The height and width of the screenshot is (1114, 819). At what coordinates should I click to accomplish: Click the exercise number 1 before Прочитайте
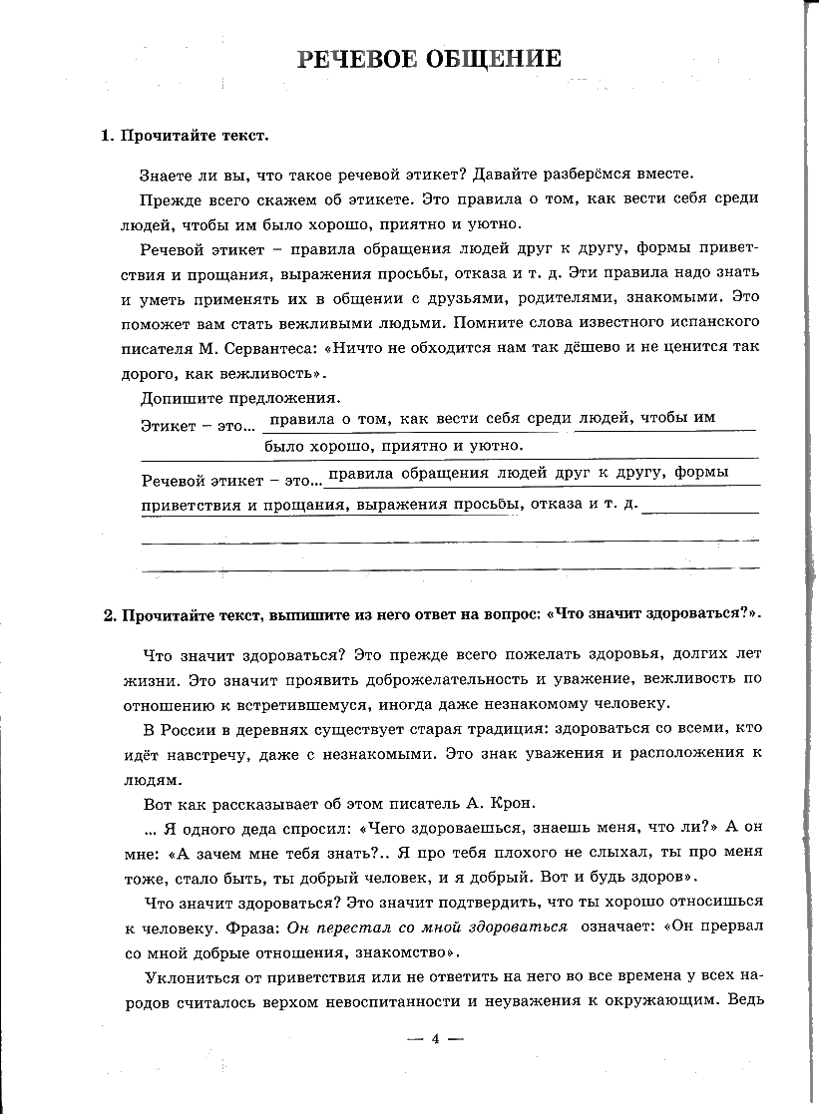coord(106,136)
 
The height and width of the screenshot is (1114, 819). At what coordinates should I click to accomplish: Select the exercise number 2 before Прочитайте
coord(109,613)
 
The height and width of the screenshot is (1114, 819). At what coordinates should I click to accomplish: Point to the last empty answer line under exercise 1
coord(450,571)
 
